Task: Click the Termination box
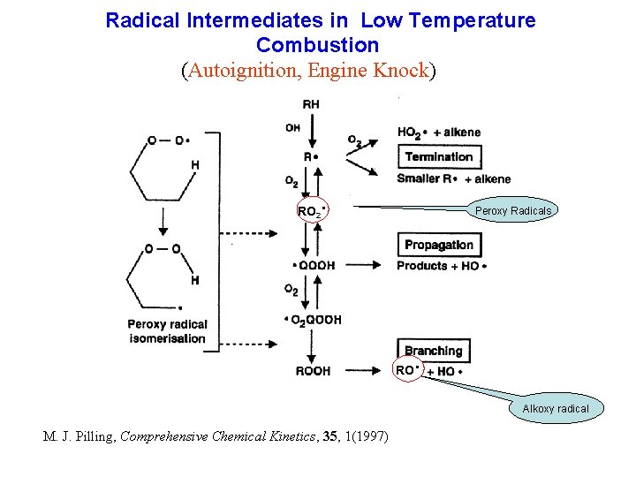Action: pyautogui.click(x=439, y=157)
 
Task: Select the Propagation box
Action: pyautogui.click(x=439, y=245)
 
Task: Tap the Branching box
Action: pyautogui.click(x=433, y=351)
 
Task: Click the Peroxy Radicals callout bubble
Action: pyautogui.click(x=512, y=211)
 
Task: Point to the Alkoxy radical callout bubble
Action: pyautogui.click(x=555, y=408)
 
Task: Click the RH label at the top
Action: pyautogui.click(x=311, y=104)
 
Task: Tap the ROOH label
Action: pyautogui.click(x=313, y=372)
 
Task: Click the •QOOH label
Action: pyautogui.click(x=313, y=266)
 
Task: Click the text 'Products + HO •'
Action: pyautogui.click(x=442, y=266)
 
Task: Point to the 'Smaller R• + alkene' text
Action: pyautogui.click(x=453, y=179)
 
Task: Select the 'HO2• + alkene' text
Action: pyautogui.click(x=439, y=132)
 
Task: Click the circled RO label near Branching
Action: pyautogui.click(x=407, y=370)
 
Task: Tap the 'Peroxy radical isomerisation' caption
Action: pyautogui.click(x=167, y=331)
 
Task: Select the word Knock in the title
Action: pyautogui.click(x=399, y=70)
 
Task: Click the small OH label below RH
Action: pyautogui.click(x=292, y=128)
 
